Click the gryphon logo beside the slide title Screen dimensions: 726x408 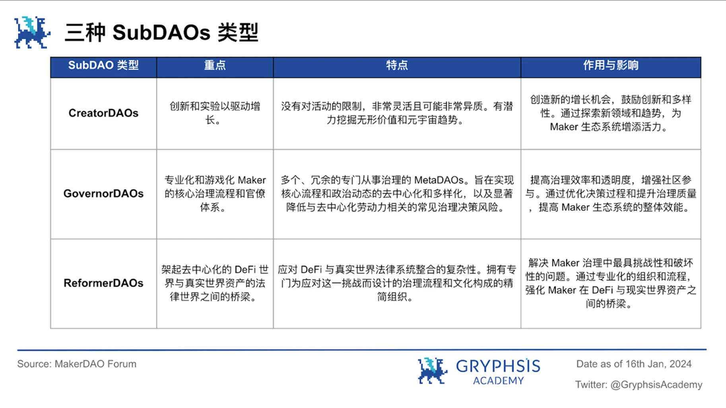pos(32,33)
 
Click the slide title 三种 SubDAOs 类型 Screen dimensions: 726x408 pos(161,32)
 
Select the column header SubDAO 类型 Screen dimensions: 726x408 pos(103,65)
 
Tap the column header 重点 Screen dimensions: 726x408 pos(215,65)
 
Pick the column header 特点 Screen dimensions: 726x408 pos(397,65)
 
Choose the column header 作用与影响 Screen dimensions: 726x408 pos(611,65)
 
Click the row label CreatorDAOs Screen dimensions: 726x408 pos(103,113)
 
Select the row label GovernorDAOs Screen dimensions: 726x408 pos(103,194)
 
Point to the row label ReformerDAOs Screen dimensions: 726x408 pos(103,283)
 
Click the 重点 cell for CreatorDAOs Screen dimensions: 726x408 pos(215,113)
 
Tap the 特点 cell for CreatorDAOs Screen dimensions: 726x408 pos(397,113)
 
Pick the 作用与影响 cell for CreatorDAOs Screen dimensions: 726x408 pos(611,113)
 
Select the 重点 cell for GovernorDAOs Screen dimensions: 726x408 pos(215,194)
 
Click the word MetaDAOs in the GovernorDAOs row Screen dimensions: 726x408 pos(439,180)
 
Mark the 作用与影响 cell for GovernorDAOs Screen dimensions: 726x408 pos(611,194)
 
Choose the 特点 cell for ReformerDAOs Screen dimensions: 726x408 pos(397,283)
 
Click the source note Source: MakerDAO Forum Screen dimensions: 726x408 pos(77,364)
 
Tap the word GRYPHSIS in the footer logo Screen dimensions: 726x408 pos(498,366)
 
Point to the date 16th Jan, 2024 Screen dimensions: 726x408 pos(658,364)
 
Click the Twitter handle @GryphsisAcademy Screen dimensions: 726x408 pos(656,385)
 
